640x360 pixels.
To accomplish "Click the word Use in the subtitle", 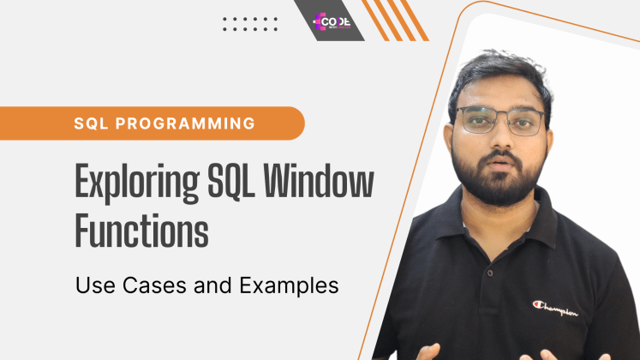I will pos(93,285).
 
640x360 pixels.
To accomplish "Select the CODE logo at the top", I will pos(329,19).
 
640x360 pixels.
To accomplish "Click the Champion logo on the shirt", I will pos(554,307).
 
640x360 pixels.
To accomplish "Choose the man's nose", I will pos(494,137).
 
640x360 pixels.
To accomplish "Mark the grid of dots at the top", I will pos(250,23).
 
